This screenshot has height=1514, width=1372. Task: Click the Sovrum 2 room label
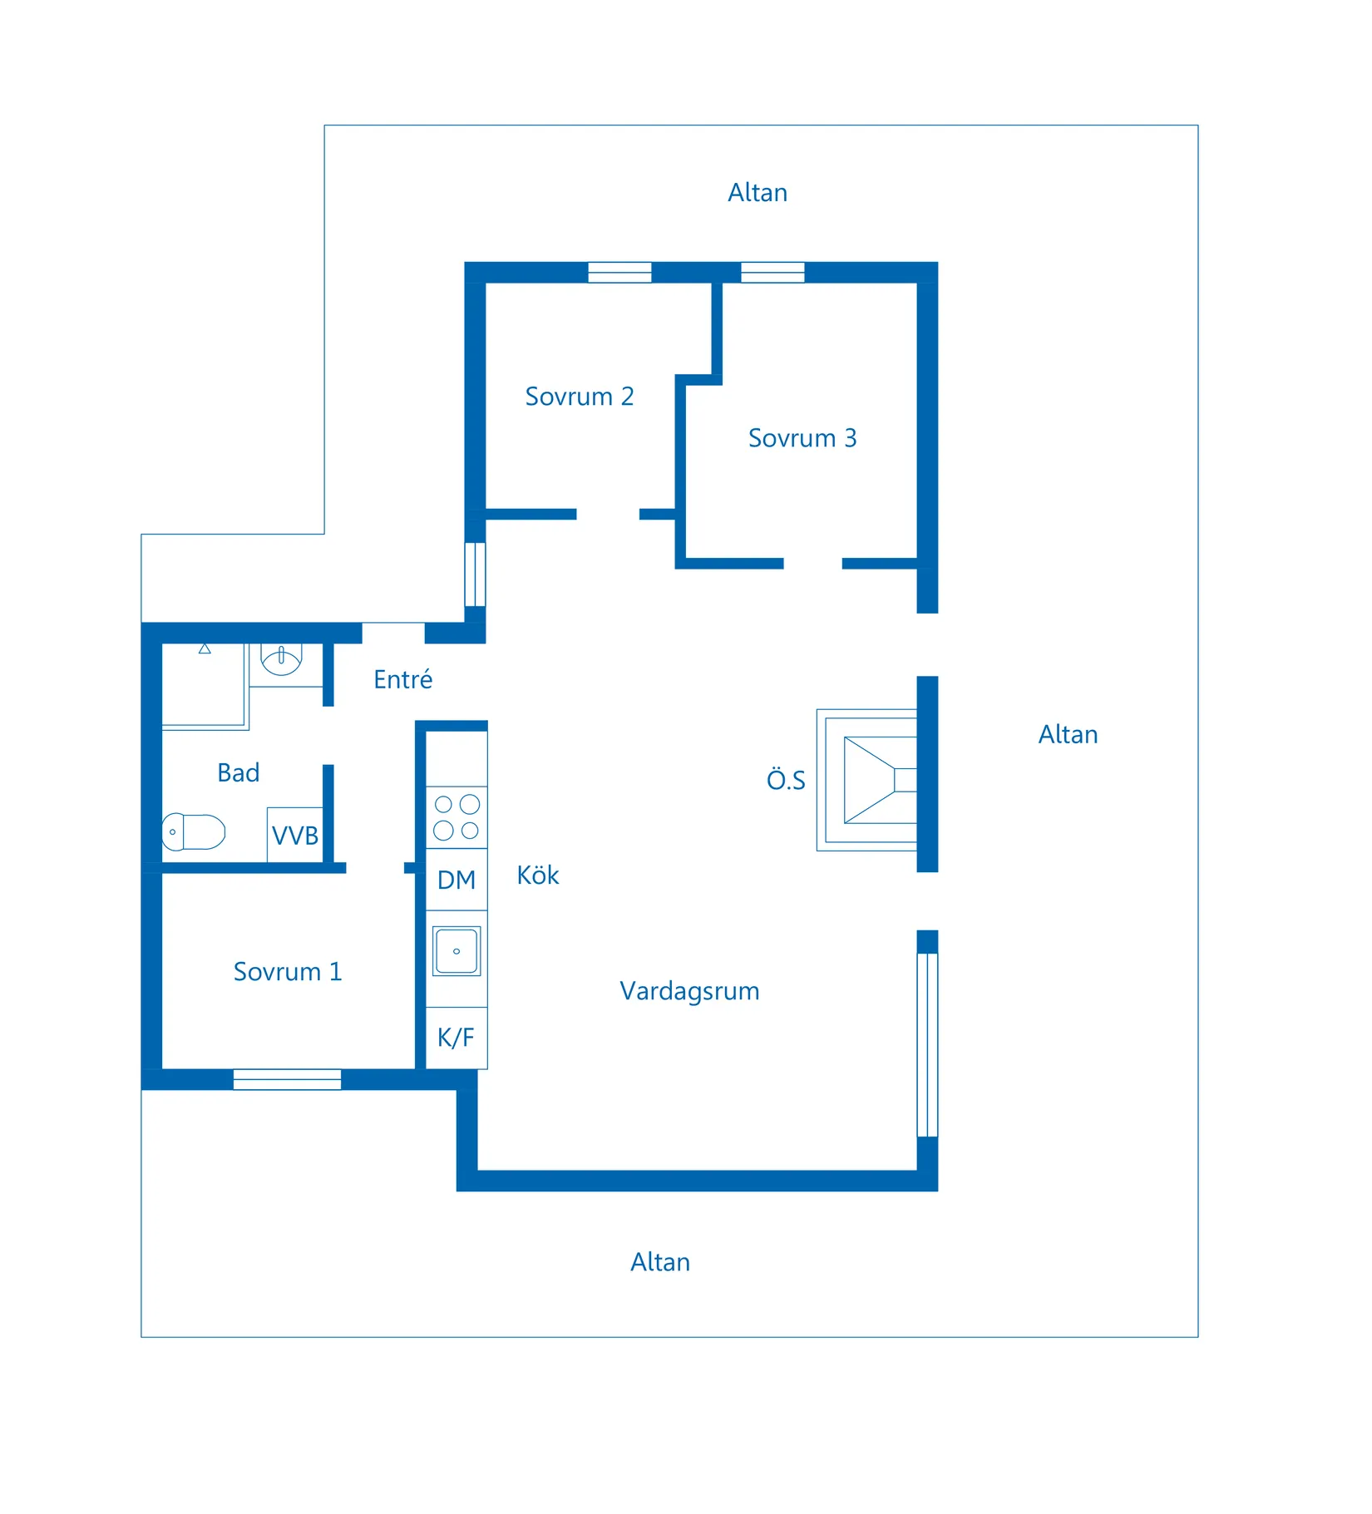point(580,397)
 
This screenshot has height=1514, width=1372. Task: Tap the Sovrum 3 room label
point(802,438)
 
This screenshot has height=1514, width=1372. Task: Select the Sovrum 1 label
point(288,972)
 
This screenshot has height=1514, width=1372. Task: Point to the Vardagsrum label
point(689,991)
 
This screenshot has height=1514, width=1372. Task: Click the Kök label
point(538,875)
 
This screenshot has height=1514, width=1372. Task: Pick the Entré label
point(403,679)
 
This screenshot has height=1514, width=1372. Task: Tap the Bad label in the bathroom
point(239,773)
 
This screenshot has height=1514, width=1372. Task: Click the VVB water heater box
point(295,835)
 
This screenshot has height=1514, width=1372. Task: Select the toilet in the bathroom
point(194,832)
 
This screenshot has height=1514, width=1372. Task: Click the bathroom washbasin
point(281,659)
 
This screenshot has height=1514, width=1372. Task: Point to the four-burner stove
point(457,817)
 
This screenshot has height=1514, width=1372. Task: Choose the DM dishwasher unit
point(457,880)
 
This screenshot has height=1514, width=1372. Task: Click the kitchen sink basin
point(457,951)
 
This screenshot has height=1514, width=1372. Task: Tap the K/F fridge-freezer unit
point(457,1038)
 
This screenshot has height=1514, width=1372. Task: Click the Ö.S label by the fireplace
point(786,779)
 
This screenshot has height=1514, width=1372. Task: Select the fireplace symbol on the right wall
point(866,780)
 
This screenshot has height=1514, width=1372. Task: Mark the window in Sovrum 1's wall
point(287,1079)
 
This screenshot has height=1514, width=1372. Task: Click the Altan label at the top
point(758,193)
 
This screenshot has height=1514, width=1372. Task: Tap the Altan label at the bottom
point(660,1262)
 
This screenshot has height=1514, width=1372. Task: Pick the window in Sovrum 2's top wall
point(619,273)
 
